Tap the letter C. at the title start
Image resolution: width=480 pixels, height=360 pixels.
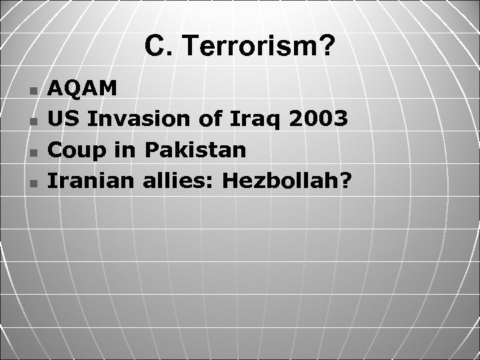[x=155, y=47]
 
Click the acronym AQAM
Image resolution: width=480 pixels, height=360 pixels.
[x=85, y=88]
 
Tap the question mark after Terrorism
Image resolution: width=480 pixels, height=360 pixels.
[x=327, y=47]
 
